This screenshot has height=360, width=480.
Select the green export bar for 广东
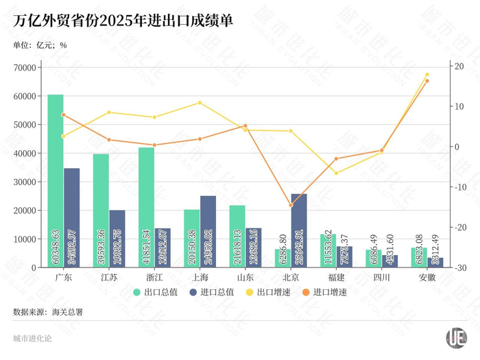56,178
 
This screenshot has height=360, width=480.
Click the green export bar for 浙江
146,206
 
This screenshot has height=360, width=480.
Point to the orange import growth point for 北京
291,205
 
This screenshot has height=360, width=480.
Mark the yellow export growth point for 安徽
427,75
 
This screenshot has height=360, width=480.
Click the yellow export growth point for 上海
200,103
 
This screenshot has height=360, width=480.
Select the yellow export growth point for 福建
336,173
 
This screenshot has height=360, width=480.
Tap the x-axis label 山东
245,278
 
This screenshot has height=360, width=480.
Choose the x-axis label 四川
381,278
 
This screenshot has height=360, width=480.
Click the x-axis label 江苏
109,278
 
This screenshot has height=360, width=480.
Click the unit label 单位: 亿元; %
40,46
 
